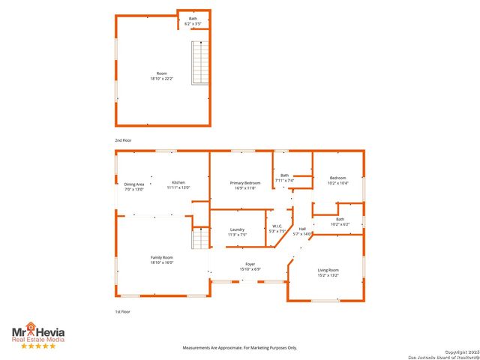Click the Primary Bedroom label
coord(245,185)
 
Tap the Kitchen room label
coord(178,185)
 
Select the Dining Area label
coord(134,186)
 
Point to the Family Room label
coord(162,259)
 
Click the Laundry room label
coord(237,232)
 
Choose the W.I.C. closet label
coord(276,229)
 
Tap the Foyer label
coord(250,266)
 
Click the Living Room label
coord(328,272)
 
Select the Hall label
coord(302,231)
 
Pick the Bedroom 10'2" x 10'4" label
coord(338,181)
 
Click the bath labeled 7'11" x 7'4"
coord(284,178)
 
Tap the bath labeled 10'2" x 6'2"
coord(340,222)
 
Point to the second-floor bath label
coord(193,21)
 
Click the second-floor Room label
coord(161,75)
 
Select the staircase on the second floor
coord(199,63)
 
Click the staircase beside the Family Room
coord(199,240)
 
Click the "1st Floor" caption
coord(122,311)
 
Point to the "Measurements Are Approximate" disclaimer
coord(240,348)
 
